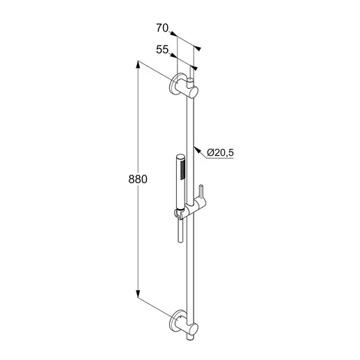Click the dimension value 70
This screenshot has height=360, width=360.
(x=162, y=28)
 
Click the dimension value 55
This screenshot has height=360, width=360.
(x=162, y=50)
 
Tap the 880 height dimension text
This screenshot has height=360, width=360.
(x=138, y=180)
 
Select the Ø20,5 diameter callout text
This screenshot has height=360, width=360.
(x=220, y=152)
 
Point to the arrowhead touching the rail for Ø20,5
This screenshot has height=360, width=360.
(x=198, y=150)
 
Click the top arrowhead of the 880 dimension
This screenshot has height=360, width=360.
(x=138, y=64)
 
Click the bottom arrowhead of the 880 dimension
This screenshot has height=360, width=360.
(x=138, y=294)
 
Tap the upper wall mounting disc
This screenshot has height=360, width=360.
(x=175, y=84)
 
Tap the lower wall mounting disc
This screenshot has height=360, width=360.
(x=175, y=321)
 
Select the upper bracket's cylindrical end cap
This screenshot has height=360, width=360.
(x=193, y=92)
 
